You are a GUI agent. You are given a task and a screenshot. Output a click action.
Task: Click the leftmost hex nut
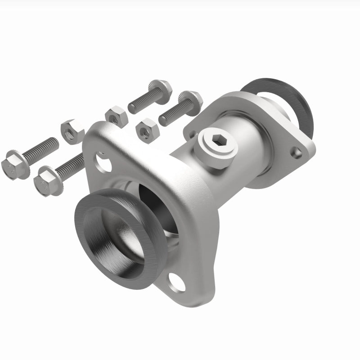click(72, 131)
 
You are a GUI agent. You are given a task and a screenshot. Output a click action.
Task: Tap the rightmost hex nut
click(146, 130)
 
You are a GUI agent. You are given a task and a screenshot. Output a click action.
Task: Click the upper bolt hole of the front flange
click(104, 162)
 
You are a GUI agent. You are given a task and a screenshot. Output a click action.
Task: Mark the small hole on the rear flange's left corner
click(193, 134)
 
